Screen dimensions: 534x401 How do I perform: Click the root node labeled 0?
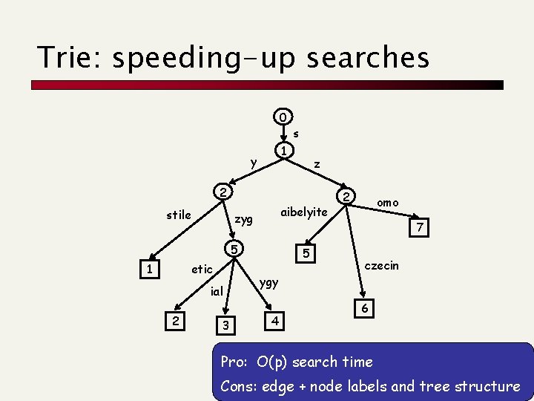coord(283,117)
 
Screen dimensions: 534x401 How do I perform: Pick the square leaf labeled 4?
coord(274,321)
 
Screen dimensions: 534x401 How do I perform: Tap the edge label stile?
coord(179,215)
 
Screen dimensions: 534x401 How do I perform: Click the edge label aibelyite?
coord(304,212)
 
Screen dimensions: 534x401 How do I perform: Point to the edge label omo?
coord(387,203)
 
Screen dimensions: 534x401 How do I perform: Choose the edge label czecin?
coord(382,265)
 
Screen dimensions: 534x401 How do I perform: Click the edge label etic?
coord(202,269)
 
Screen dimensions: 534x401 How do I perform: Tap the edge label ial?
coord(217,291)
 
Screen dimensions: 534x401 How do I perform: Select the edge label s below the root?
coord(296,134)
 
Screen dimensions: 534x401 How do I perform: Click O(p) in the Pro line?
coord(272,362)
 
